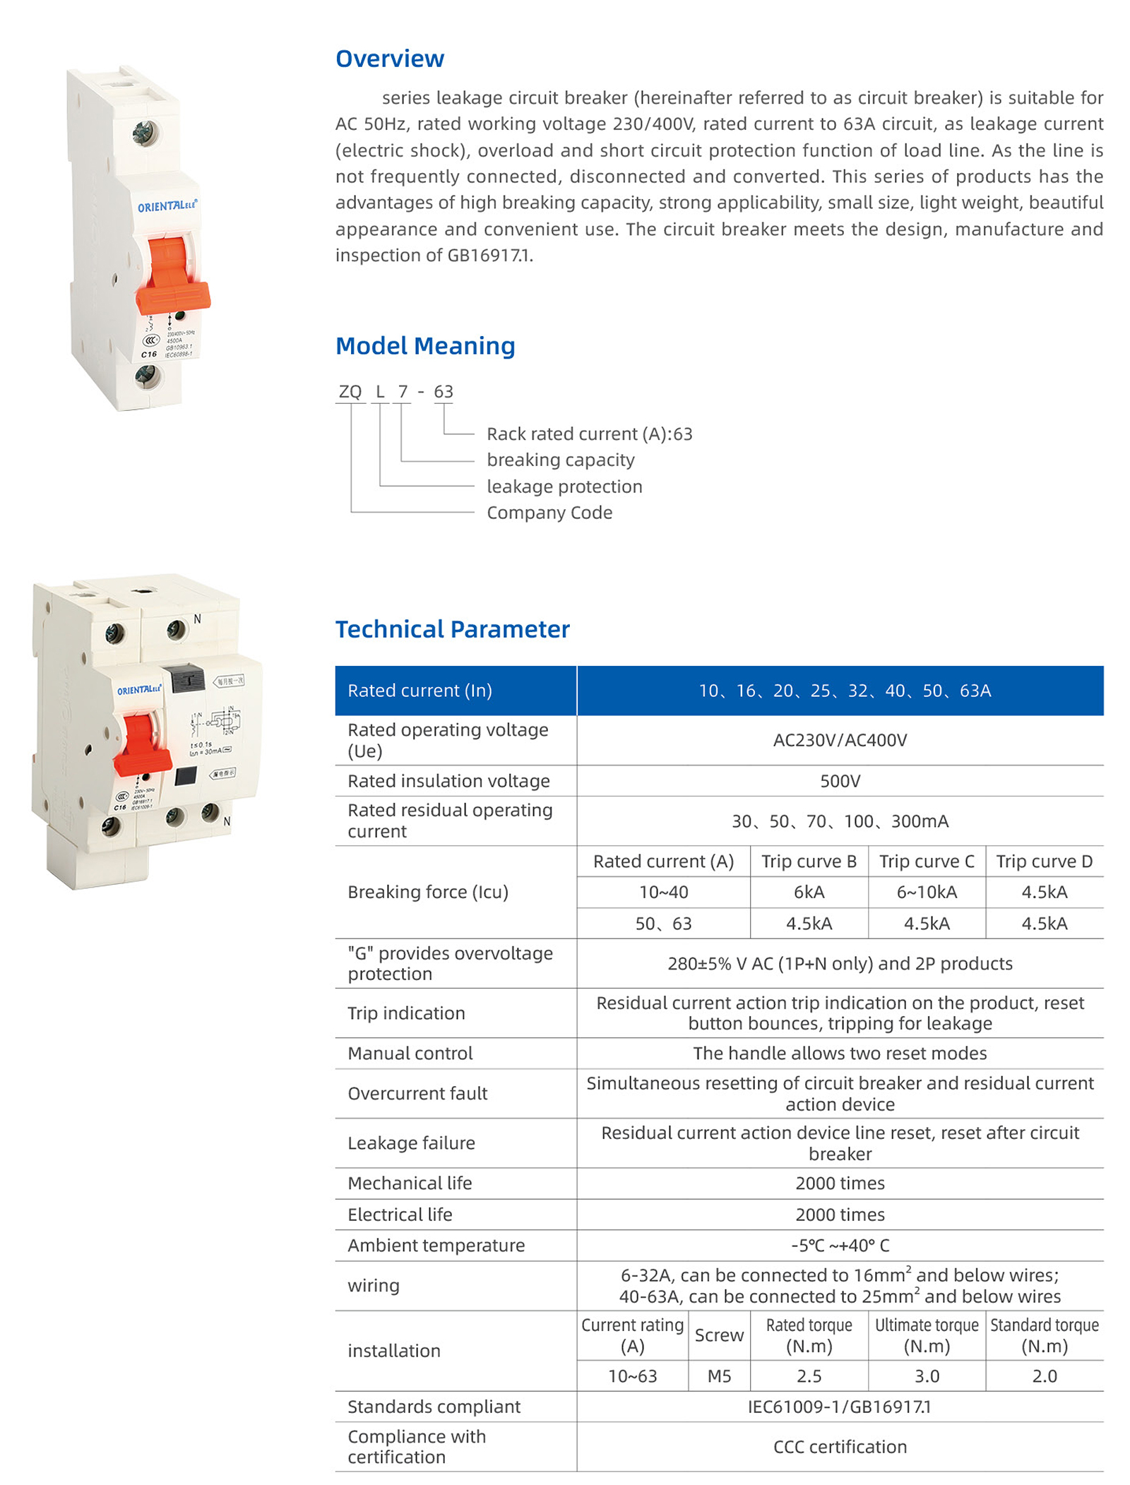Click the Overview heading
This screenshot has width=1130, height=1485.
point(389,59)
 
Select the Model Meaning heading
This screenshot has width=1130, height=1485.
point(424,345)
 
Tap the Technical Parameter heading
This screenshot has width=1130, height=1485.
point(452,628)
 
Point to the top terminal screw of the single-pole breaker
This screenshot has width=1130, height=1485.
point(145,132)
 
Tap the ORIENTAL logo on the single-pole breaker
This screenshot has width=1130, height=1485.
point(167,206)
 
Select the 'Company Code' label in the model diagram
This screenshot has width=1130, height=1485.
point(549,512)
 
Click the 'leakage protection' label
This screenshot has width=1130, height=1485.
point(564,486)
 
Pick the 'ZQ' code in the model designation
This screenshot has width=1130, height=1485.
point(350,391)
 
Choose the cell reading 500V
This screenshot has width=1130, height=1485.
point(839,780)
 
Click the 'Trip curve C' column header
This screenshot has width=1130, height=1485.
point(926,861)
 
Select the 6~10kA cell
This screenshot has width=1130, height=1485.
point(926,892)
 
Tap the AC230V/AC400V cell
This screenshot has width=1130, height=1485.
point(839,739)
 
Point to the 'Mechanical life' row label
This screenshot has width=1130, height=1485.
point(410,1183)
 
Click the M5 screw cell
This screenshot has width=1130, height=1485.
point(718,1376)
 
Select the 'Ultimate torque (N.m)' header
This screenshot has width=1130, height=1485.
point(926,1335)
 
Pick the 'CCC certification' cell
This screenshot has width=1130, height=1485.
point(839,1446)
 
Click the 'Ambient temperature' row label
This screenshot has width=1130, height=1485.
point(436,1245)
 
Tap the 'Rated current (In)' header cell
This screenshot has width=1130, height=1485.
point(420,690)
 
